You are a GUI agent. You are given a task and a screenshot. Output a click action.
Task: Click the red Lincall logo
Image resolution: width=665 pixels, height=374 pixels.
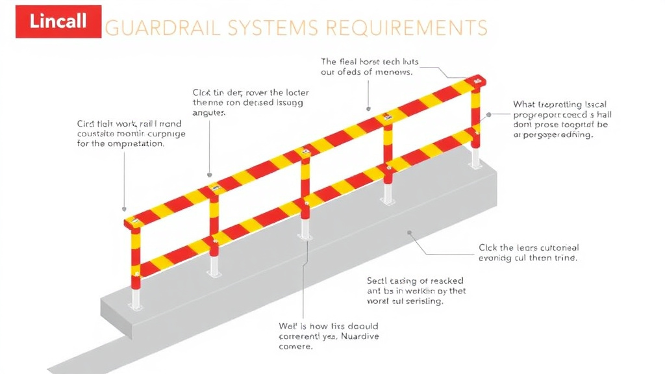[x=58, y=21]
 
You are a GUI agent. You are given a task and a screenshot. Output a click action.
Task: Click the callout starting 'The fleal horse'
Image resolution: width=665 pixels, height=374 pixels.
[x=370, y=67]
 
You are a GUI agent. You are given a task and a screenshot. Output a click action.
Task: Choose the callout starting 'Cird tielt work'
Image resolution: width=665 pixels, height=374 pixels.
[x=131, y=133]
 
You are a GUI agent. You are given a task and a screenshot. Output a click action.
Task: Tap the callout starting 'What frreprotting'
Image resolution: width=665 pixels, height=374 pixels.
[x=562, y=119]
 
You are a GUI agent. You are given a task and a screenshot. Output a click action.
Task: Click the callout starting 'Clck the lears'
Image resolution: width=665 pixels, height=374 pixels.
[x=528, y=253]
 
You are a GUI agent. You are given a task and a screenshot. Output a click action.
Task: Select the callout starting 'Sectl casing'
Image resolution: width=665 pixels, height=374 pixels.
[x=416, y=291]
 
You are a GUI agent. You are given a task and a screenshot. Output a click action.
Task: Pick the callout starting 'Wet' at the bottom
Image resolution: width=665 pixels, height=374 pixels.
[x=328, y=336]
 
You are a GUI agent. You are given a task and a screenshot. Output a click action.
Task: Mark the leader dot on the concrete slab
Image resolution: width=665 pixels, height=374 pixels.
[x=409, y=232]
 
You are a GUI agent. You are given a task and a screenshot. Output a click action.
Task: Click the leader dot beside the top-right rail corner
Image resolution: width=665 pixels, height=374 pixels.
[x=488, y=114]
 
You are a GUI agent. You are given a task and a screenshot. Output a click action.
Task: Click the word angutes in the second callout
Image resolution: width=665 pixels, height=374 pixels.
[x=209, y=113]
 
